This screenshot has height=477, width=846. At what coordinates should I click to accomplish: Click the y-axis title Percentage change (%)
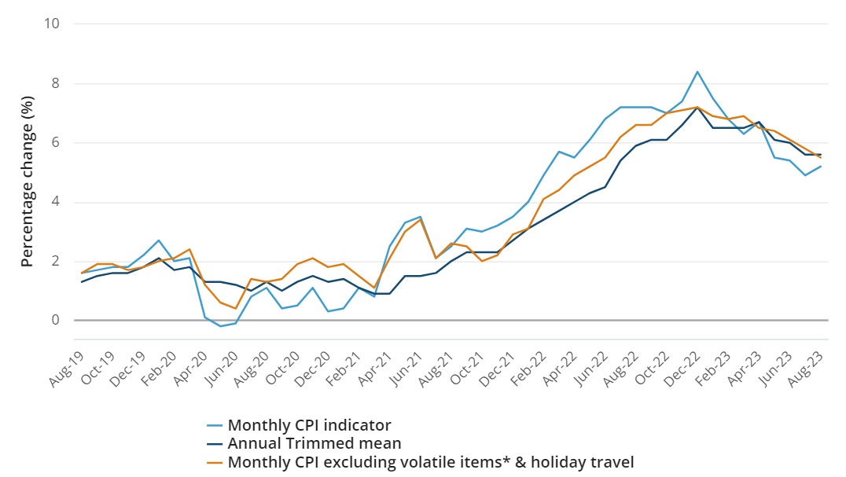[x=28, y=182]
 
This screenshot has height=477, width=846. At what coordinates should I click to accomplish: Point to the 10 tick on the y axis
[x=52, y=24]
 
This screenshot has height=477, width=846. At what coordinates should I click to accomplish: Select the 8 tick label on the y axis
[x=56, y=83]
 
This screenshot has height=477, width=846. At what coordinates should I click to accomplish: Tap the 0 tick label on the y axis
[x=56, y=321]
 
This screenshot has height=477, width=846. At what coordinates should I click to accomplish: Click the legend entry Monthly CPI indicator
[x=309, y=425]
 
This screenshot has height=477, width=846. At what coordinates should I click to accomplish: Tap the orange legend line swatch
[x=215, y=462]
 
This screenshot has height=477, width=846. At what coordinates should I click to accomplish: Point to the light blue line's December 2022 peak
[x=697, y=72]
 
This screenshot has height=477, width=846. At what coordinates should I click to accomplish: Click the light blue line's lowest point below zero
[x=220, y=326]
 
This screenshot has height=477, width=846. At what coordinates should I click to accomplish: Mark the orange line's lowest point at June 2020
[x=235, y=309]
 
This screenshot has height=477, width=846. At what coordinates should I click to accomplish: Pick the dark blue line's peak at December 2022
[x=697, y=107]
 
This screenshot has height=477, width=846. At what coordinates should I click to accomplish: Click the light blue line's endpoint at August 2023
[x=821, y=166]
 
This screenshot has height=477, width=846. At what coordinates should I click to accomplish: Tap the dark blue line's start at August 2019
[x=82, y=281]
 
